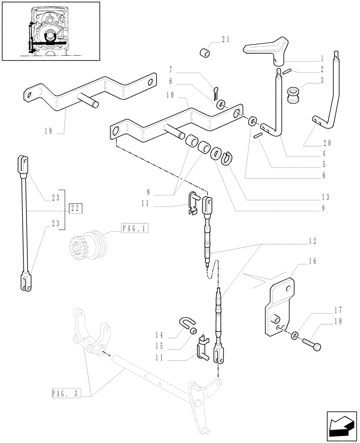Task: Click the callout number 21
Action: click(225, 40)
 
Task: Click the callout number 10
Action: click(172, 95)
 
